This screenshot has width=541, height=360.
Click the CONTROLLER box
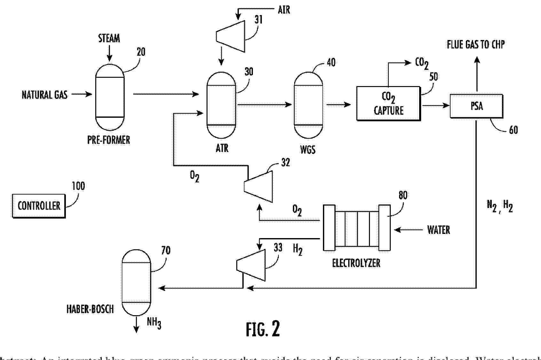(x=39, y=206)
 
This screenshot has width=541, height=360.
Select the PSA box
(x=476, y=106)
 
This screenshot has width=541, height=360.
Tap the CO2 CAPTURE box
(x=388, y=103)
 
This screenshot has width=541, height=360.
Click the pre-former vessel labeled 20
(x=110, y=97)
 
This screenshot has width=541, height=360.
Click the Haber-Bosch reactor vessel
(x=136, y=283)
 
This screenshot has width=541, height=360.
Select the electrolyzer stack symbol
(x=357, y=228)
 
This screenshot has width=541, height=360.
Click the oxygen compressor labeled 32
(x=258, y=186)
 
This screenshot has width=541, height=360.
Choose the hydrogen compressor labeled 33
(x=251, y=265)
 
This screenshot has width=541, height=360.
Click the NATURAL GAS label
(x=44, y=95)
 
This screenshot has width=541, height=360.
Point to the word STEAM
(x=109, y=38)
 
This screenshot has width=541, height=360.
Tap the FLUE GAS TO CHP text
(x=475, y=44)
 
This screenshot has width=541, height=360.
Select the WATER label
(x=438, y=230)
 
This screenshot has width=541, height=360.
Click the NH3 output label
(x=154, y=322)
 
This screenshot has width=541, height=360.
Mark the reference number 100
(x=78, y=186)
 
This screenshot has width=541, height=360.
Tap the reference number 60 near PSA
(x=513, y=130)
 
